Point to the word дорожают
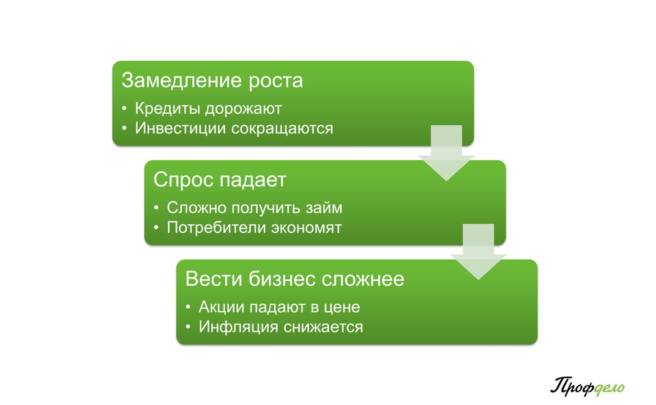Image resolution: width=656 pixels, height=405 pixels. (243, 109)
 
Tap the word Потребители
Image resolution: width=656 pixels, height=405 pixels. (216, 227)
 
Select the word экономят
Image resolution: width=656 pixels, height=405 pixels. (306, 228)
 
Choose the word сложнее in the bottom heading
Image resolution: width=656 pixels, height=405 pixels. (363, 280)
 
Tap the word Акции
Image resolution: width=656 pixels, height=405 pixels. (221, 307)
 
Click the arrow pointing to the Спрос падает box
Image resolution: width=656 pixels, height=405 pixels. (446, 153)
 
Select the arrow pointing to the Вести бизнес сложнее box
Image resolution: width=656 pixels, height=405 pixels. (478, 251)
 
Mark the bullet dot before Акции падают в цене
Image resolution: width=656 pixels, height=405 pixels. (188, 307)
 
